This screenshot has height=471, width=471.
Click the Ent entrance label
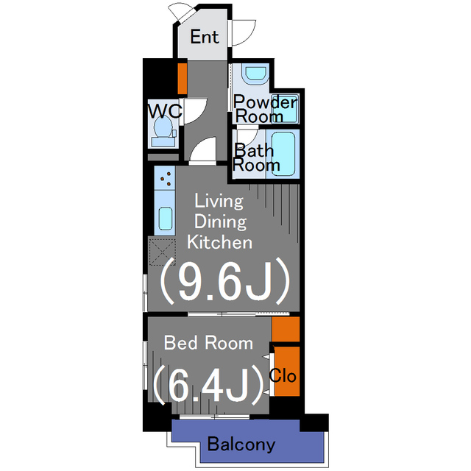pyautogui.click(x=205, y=38)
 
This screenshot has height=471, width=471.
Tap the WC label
pyautogui.click(x=164, y=111)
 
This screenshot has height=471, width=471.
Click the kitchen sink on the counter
pyautogui.click(x=165, y=219)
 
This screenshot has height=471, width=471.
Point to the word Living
pyautogui.click(x=218, y=201)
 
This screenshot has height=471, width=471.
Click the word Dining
pyautogui.click(x=219, y=221)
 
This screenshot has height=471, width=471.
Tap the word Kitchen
pyautogui.click(x=219, y=241)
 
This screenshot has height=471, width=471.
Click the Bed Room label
pyautogui.click(x=208, y=342)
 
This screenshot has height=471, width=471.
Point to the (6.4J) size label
pyautogui.click(x=208, y=383)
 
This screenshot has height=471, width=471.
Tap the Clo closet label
pyautogui.click(x=283, y=376)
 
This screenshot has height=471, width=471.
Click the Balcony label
pyautogui.click(x=241, y=445)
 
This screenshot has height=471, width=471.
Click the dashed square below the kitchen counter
pyautogui.click(x=162, y=251)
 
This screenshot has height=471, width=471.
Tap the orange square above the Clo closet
pyautogui.click(x=286, y=328)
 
